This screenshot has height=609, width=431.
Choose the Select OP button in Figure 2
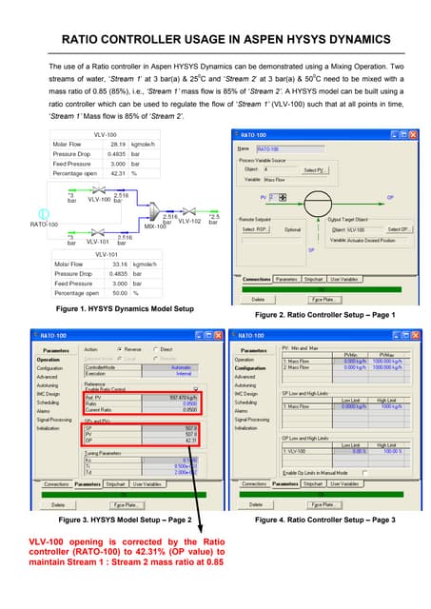[400, 229]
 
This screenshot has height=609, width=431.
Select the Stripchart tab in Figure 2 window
[314, 279]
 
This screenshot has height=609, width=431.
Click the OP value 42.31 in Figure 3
[189, 440]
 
